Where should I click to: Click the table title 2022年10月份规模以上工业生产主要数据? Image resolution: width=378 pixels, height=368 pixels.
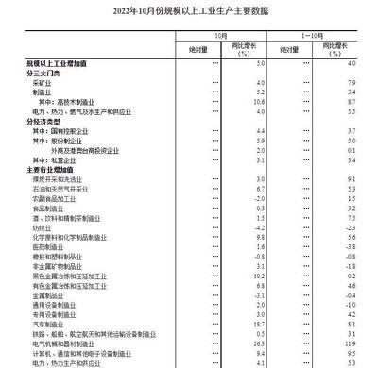pyautogui.click(x=189, y=10)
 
